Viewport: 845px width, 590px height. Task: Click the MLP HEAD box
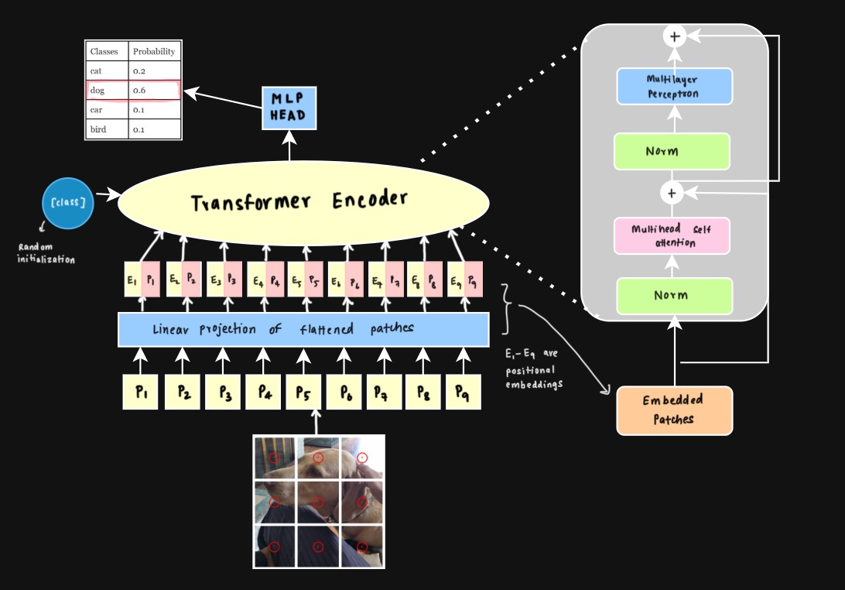(289, 108)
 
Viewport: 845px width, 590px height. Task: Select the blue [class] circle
(67, 203)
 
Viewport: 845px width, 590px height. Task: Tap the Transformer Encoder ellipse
(303, 201)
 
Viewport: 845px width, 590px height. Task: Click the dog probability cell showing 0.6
(155, 91)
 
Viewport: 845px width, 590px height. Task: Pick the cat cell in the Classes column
(107, 71)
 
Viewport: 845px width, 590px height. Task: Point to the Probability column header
(155, 52)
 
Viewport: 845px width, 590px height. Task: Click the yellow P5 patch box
(303, 392)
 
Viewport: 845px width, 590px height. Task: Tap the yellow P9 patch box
(463, 392)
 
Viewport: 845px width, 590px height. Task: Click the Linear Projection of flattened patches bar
(303, 329)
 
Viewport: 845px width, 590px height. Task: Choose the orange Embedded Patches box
(674, 410)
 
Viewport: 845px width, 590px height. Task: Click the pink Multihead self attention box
(672, 236)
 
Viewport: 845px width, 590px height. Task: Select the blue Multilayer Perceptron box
(674, 86)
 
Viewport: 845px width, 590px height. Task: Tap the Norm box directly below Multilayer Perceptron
(672, 151)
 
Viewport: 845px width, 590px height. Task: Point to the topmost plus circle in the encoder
(675, 36)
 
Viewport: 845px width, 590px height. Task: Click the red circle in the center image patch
(318, 502)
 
